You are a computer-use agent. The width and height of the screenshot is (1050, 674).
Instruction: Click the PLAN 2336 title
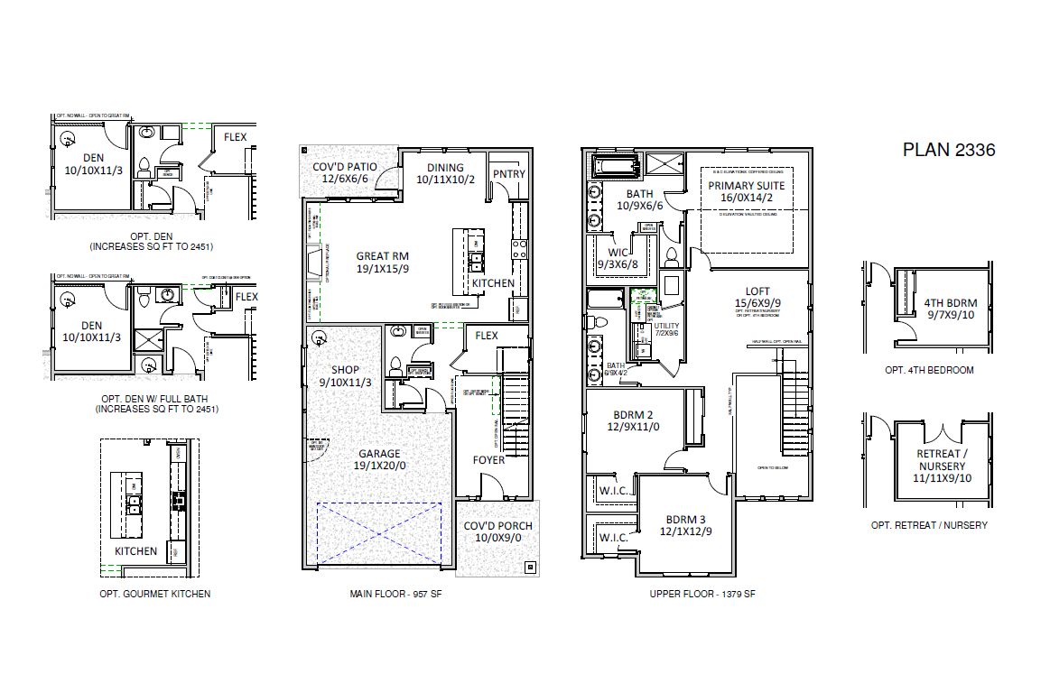[949, 150]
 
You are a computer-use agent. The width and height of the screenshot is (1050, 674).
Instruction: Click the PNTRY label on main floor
[508, 174]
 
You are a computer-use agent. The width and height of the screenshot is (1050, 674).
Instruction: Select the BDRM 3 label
[688, 526]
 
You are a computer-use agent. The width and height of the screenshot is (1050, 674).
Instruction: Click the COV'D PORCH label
[497, 532]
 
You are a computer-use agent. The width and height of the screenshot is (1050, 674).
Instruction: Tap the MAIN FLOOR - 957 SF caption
[395, 595]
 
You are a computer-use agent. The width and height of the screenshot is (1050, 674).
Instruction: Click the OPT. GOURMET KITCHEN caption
[154, 594]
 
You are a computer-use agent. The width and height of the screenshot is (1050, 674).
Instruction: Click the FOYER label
[489, 460]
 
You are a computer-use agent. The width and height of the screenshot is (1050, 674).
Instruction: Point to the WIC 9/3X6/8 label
[618, 258]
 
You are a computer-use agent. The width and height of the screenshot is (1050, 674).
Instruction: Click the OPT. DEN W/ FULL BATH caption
[156, 403]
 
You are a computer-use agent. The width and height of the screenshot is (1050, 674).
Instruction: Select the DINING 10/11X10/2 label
[446, 174]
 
